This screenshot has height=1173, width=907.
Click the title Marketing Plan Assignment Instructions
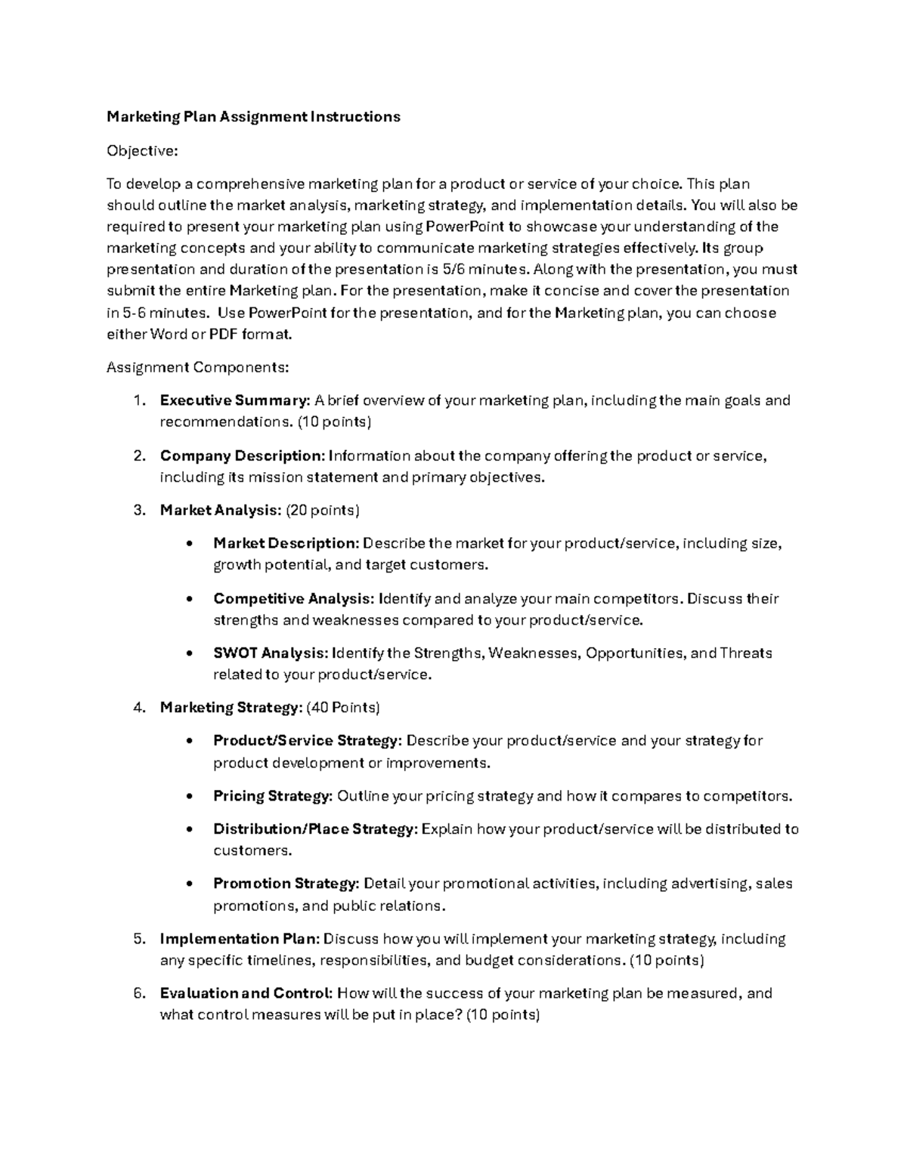coord(253,117)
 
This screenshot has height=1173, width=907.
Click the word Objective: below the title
coord(142,151)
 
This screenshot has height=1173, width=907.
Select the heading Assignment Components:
coord(197,368)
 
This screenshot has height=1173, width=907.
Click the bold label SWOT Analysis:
coord(271,653)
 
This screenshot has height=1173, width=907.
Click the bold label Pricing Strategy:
coord(273,796)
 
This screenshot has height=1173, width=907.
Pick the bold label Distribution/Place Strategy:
coord(315,829)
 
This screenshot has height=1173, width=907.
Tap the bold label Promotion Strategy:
coord(286,884)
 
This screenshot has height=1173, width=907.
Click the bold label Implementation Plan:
coord(240,939)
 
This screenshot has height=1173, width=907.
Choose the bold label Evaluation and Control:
coord(246,993)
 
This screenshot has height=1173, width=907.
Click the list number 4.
coord(138,708)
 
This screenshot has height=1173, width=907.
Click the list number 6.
coord(138,993)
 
